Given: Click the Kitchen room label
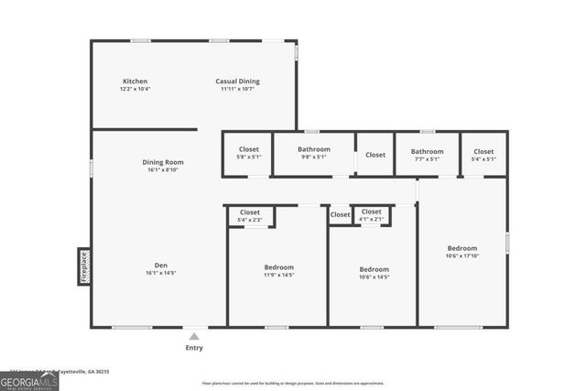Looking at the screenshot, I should pos(135,81).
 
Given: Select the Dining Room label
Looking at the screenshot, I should pos(162,162).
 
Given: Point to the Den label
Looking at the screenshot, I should pos(161,266).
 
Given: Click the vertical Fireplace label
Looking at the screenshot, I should pos(82,266).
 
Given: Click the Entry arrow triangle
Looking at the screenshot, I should pos(194,337).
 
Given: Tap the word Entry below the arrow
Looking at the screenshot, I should pos(194,348).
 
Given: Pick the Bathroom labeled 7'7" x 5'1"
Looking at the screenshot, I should pos(427,152).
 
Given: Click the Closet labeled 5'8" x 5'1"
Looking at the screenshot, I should pos(249,149).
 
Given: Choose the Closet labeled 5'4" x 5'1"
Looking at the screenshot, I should pos(483,152).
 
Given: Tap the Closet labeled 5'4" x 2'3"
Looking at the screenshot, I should pos(250,212).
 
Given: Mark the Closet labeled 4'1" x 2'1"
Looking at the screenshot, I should pos(371,212).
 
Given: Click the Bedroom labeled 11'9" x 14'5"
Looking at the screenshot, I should pos(278,267).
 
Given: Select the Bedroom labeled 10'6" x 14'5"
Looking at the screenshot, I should pos(374,269).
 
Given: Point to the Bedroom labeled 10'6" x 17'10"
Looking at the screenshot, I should pos(461,248).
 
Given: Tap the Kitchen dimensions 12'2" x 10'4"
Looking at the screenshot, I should pos(135,89).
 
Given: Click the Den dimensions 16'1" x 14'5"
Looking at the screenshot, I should pos(161,273).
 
